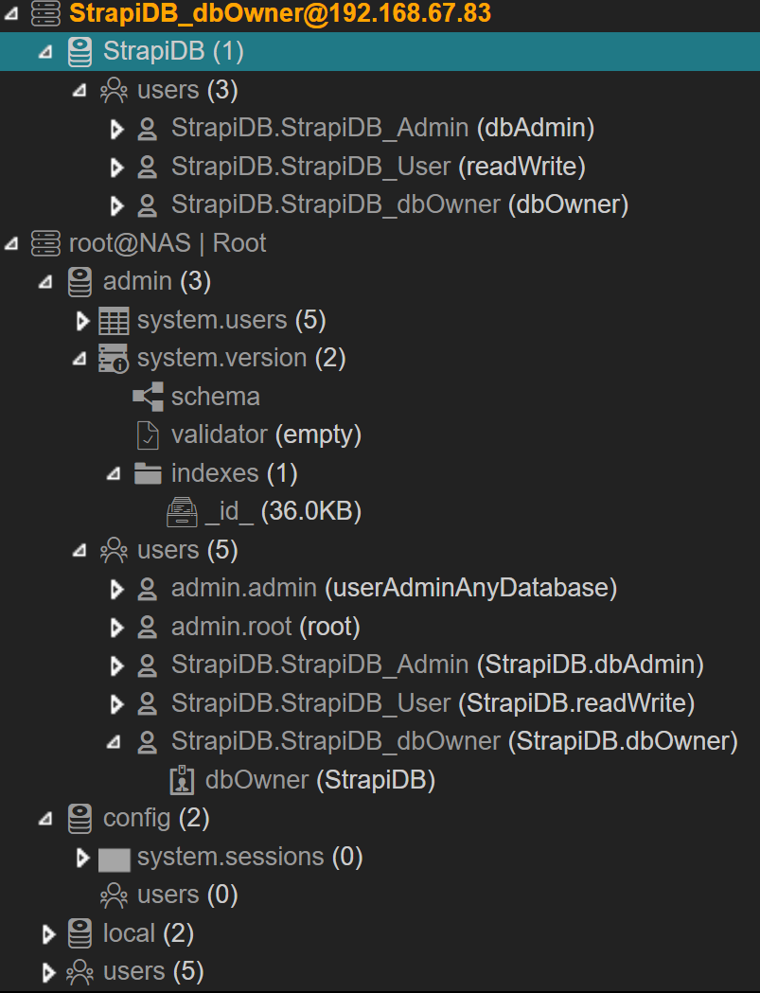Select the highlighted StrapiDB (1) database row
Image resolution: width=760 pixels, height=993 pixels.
(x=173, y=51)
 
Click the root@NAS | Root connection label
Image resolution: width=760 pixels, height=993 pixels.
(x=168, y=243)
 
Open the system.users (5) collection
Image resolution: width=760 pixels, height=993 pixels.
(x=231, y=320)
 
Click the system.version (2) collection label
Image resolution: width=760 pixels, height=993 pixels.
(x=240, y=358)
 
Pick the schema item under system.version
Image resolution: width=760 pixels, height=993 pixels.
(x=215, y=397)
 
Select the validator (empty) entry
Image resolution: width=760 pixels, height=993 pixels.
(x=266, y=434)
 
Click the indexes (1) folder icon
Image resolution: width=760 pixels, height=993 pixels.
(x=148, y=472)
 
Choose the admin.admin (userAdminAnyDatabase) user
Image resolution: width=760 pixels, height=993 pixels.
(x=394, y=588)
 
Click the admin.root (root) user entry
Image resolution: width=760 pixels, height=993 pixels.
(x=265, y=627)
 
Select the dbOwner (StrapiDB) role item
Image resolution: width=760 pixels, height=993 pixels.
(x=319, y=780)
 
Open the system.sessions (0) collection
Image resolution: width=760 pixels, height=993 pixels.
(x=250, y=857)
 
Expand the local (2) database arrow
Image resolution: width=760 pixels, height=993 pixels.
(x=49, y=934)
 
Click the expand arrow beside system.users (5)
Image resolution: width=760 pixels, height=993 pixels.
(x=82, y=321)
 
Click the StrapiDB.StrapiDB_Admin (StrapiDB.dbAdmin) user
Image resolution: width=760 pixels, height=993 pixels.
(x=437, y=665)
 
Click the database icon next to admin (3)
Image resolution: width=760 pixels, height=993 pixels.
(x=80, y=281)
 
